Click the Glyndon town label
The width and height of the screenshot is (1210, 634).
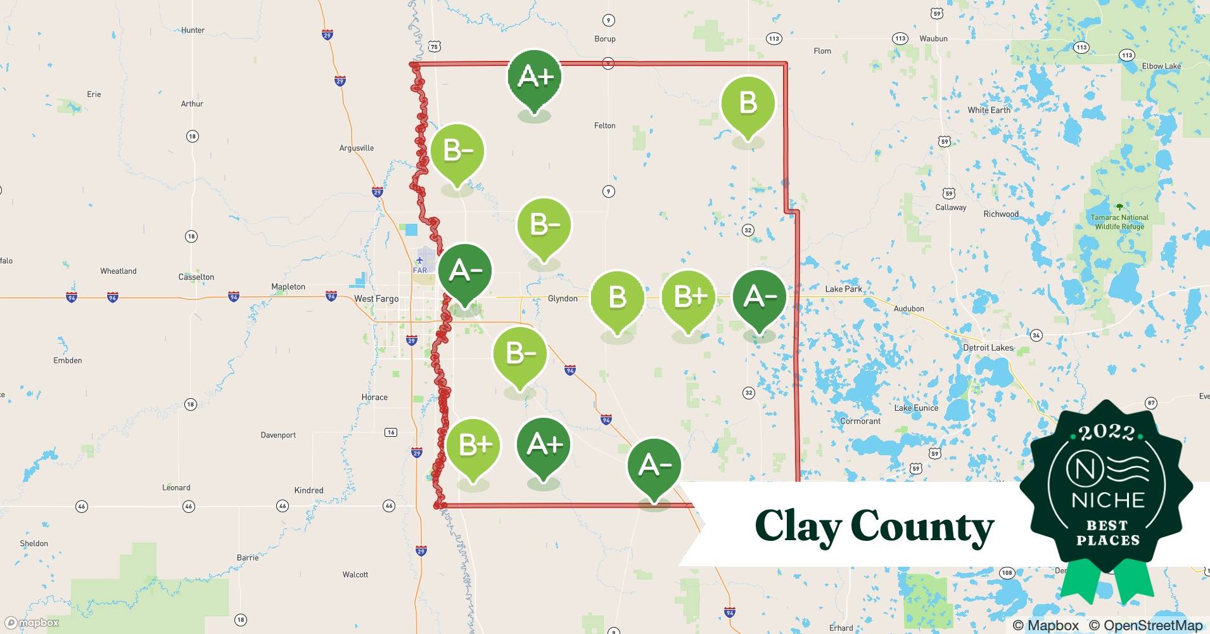click(563, 299)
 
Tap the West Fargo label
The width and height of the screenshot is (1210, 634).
click(376, 299)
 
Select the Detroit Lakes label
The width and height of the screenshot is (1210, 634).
click(988, 347)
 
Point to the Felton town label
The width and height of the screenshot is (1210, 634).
click(604, 126)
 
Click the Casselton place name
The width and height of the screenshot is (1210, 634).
click(196, 277)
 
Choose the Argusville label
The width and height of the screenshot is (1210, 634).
click(357, 148)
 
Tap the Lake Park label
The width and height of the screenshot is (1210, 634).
click(843, 289)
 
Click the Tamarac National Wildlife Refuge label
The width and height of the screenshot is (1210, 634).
click(1119, 222)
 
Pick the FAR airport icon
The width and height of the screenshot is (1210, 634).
click(420, 260)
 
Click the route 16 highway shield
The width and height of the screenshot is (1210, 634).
click(391, 432)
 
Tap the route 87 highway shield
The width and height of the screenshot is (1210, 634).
click(1151, 403)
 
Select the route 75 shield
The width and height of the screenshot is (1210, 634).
click(434, 46)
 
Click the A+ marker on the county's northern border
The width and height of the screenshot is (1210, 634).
click(535, 77)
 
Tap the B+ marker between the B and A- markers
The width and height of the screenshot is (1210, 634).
click(689, 297)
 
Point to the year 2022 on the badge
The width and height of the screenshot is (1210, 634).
click(1107, 433)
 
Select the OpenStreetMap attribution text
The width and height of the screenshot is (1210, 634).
click(1152, 625)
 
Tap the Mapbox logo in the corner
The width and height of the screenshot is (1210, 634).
click(32, 623)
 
